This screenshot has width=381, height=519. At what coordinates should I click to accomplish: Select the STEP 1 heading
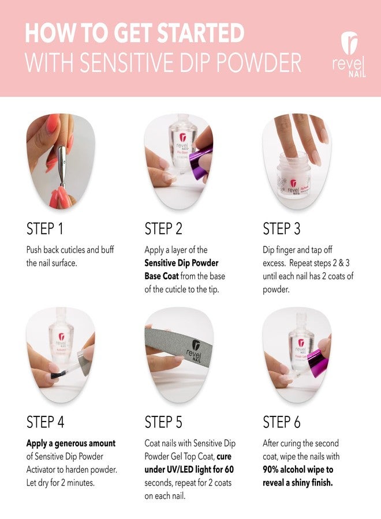click(45, 229)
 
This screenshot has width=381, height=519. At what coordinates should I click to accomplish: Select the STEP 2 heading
click(163, 229)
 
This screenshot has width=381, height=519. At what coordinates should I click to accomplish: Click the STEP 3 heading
click(282, 229)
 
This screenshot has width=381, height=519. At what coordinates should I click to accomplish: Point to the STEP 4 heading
click(46, 422)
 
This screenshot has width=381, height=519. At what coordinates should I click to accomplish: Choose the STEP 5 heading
click(163, 422)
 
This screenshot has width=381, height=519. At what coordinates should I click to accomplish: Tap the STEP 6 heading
click(282, 422)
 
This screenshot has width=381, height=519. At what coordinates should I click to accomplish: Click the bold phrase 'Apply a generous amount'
click(71, 443)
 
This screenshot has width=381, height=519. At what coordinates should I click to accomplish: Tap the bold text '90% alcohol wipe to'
click(298, 469)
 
